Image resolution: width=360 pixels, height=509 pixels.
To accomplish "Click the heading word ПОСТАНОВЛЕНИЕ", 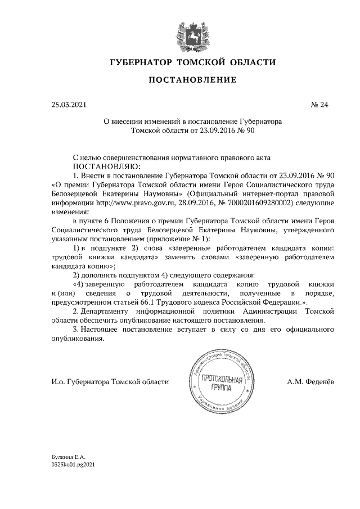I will [192, 80].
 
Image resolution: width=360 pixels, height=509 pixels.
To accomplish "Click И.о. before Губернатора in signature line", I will [57, 382].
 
